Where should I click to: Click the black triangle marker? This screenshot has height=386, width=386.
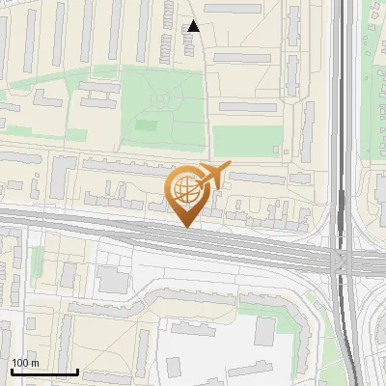(194, 26)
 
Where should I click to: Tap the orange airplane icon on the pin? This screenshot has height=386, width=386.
(213, 175)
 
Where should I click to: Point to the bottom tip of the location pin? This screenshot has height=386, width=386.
(185, 226)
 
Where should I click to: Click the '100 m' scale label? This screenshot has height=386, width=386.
(24, 363)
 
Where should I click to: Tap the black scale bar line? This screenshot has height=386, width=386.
(43, 372)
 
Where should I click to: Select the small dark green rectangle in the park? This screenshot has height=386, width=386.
(146, 124)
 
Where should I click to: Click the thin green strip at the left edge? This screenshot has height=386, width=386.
(37, 261)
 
